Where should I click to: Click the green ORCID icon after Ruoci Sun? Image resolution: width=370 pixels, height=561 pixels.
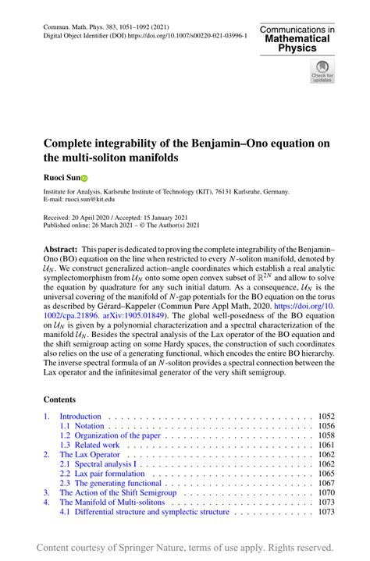point(85,178)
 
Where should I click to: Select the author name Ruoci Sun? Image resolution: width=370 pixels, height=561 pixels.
point(61,178)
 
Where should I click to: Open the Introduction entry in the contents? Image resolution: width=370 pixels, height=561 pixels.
point(80,417)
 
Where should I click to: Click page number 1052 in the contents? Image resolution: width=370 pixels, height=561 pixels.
point(326,417)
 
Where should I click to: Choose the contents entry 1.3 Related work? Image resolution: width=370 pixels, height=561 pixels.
point(89,444)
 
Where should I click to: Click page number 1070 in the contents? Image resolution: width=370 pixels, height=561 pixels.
point(326,492)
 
